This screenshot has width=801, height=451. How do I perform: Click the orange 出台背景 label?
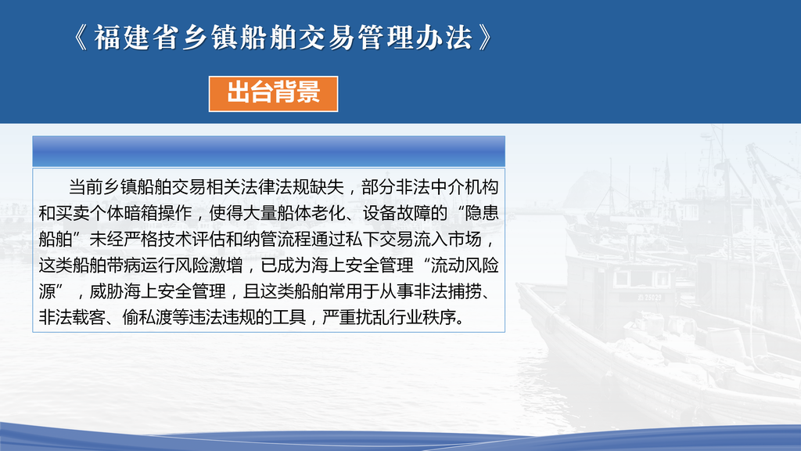coord(273,94)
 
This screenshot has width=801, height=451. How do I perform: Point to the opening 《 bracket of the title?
coord(81,38)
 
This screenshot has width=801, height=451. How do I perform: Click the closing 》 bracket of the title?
coord(486,38)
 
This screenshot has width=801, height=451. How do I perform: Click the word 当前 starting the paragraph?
coord(86,187)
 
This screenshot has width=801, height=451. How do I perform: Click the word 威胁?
coord(106,291)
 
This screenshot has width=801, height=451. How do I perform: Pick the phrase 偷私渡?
coord(148,318)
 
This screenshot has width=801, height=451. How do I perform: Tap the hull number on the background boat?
coord(649,297)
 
